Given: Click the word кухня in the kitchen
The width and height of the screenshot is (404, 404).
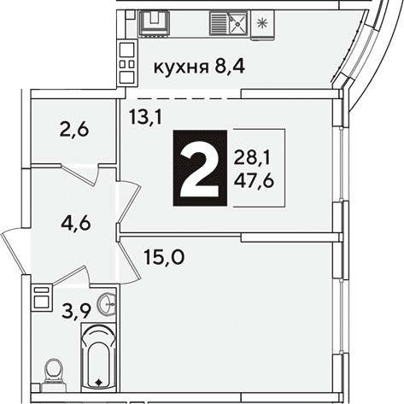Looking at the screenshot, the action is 181,68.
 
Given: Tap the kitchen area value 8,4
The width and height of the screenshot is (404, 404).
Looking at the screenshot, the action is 230,67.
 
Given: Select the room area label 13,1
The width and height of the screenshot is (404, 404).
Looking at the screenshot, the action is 145,117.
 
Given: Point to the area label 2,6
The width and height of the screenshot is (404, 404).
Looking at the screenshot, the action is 74,130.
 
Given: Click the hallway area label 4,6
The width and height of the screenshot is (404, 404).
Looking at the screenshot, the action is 76,223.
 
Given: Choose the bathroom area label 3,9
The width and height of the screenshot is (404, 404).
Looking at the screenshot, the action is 76,312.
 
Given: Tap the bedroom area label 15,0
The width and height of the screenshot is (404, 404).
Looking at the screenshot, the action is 165,256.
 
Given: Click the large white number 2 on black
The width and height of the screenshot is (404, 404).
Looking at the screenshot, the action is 200,168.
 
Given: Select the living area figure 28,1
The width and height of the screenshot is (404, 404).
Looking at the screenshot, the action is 252,158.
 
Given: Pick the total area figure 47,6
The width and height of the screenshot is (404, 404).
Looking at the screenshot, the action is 254,180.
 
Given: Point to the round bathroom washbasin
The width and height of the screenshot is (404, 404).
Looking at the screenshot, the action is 107,304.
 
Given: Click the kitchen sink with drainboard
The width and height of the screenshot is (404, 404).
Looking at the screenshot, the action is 229,22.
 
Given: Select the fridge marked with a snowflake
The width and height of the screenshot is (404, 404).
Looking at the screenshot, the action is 262,24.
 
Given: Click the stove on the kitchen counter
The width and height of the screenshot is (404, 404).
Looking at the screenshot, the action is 155,23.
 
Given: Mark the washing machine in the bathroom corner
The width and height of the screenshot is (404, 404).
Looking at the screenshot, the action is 42,298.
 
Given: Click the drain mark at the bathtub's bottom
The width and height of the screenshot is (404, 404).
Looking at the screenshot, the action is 98,383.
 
